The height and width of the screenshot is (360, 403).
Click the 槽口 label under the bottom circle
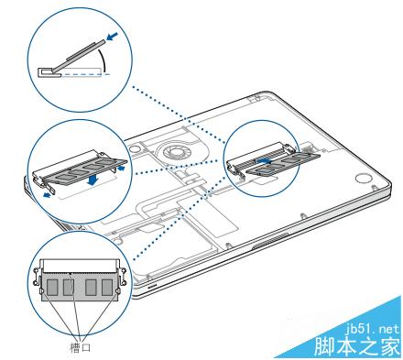(81, 347)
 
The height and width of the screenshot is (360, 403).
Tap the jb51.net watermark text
(373, 329)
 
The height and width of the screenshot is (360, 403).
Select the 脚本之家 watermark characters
(356, 346)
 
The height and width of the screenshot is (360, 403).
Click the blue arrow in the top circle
(111, 38)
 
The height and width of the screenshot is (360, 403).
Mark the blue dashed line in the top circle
(85, 74)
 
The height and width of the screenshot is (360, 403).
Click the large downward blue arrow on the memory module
(93, 180)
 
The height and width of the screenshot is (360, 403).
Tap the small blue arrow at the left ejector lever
(47, 195)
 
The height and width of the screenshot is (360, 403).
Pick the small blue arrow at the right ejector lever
(121, 169)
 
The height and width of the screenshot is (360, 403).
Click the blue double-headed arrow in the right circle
(263, 160)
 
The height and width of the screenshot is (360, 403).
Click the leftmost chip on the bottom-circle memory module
(52, 287)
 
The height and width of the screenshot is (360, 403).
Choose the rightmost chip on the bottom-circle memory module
(107, 287)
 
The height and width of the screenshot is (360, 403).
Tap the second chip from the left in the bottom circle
(68, 287)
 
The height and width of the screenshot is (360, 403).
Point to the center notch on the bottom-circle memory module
(71, 274)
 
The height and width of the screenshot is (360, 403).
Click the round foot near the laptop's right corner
(363, 179)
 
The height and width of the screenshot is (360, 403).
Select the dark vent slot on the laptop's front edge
(270, 241)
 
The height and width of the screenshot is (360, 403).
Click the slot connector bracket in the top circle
(49, 72)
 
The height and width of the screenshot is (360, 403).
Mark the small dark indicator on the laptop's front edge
(152, 286)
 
